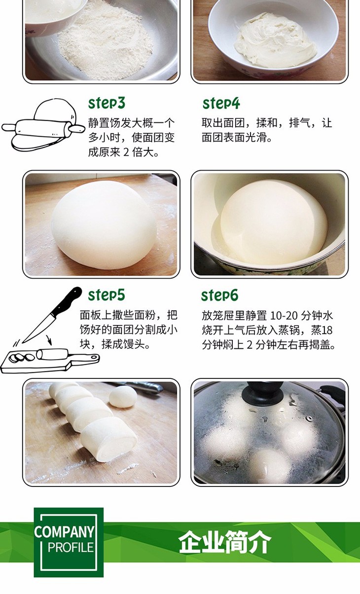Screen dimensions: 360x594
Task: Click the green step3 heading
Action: [x=107, y=103]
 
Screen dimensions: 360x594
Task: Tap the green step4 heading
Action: [x=221, y=103]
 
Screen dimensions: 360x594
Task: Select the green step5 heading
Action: [x=107, y=295]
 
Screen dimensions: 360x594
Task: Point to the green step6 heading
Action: [x=220, y=295]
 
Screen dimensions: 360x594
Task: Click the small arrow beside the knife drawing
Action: [x=49, y=340]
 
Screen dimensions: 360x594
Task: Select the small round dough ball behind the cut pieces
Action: [x=123, y=397]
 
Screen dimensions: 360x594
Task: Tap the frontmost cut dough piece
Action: [x=108, y=439]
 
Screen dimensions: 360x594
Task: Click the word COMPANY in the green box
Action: [x=64, y=531]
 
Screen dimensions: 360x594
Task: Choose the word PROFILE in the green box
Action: [x=71, y=547]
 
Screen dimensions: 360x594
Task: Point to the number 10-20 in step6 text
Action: [x=284, y=316]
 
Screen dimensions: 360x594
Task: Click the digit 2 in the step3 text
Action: [x=126, y=152]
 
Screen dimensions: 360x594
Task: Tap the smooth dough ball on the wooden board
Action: [x=104, y=224]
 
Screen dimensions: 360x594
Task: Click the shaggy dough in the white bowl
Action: [x=275, y=40]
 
